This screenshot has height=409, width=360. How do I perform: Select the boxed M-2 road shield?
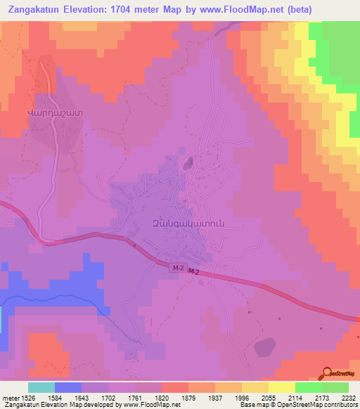point(178,268)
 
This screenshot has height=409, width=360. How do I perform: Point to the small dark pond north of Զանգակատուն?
point(188,164)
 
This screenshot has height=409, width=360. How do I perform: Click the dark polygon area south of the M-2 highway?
point(264,347)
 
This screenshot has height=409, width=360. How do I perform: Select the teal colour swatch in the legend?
point(41,387)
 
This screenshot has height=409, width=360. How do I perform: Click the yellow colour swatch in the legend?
point(282,387)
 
